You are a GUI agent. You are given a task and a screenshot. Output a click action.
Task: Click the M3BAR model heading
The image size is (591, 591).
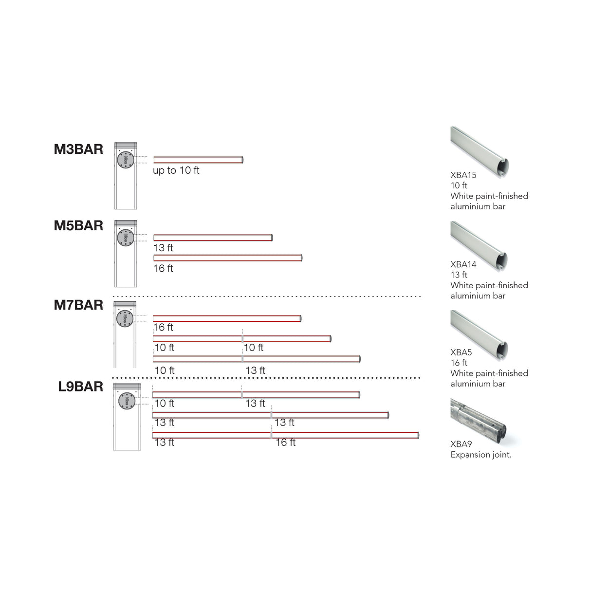(x=78, y=149)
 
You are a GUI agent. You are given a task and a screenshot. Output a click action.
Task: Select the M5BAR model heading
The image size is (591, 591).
(x=78, y=226)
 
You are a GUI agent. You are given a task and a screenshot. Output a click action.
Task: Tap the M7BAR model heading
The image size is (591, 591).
(x=78, y=305)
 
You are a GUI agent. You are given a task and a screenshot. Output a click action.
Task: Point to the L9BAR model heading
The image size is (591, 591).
(x=80, y=387)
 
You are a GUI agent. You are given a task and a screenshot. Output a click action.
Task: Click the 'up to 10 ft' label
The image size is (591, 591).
(x=176, y=170)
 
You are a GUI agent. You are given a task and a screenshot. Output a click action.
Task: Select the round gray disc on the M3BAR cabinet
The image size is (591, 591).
(x=126, y=160)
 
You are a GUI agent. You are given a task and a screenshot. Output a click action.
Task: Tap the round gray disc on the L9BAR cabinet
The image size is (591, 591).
(x=127, y=401)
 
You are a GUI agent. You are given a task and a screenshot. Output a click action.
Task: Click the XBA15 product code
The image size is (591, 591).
(x=463, y=175)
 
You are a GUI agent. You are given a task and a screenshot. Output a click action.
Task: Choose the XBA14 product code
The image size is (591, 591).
(x=463, y=265)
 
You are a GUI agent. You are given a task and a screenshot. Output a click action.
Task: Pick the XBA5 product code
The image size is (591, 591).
(x=461, y=352)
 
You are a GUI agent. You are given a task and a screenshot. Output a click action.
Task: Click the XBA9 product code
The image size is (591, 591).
(x=461, y=444)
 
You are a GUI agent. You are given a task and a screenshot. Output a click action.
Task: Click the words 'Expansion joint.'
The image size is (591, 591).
(x=481, y=455)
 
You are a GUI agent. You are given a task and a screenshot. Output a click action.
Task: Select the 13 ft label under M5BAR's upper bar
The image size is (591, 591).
(x=163, y=248)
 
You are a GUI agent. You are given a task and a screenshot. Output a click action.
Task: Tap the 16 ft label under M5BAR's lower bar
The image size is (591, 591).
(x=163, y=268)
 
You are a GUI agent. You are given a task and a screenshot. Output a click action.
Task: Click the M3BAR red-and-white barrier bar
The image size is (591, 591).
(x=198, y=160)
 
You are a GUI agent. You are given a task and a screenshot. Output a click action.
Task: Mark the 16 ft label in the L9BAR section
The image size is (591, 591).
(x=286, y=443)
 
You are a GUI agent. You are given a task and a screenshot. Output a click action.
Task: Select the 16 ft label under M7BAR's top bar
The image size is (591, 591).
(x=163, y=328)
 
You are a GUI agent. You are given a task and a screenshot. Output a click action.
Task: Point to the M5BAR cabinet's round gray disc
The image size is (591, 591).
(x=126, y=238)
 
